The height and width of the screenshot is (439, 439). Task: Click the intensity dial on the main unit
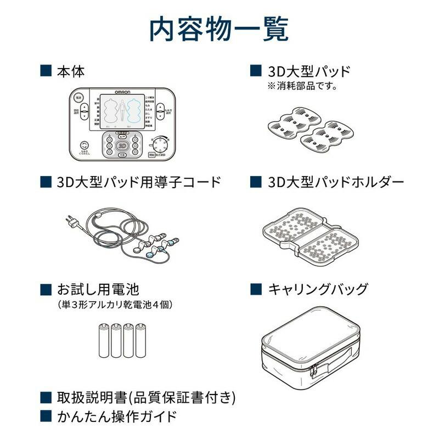tap(161, 145)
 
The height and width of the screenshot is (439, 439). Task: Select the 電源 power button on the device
tap(78, 97)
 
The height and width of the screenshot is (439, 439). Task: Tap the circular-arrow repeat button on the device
tap(83, 146)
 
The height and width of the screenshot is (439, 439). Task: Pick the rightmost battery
tap(141, 341)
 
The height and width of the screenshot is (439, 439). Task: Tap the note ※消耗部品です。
tap(302, 86)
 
